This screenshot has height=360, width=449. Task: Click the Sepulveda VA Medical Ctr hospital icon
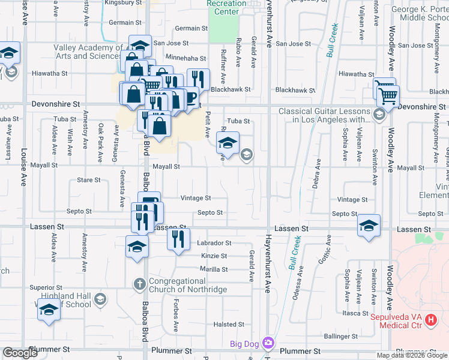coord(430,320)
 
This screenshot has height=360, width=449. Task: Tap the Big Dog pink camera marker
coord(268,344)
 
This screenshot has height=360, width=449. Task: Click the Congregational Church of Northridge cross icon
coord(139,284)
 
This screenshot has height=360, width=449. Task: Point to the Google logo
coord(20,353)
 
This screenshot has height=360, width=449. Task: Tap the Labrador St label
coord(214,243)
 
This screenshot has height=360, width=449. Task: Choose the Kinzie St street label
coord(214,256)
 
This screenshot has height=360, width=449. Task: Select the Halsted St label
coord(228,325)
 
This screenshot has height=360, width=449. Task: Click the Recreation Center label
coord(226,7)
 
